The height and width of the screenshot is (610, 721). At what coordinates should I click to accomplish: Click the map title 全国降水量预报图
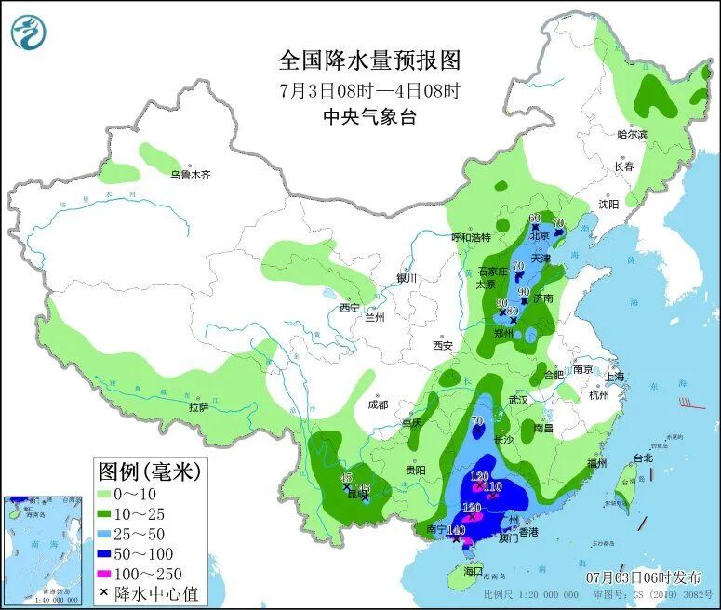click(x=369, y=60)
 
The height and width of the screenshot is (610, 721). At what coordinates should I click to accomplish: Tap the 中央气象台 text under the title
click(x=369, y=116)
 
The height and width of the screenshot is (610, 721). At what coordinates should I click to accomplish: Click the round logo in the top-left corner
click(x=28, y=32)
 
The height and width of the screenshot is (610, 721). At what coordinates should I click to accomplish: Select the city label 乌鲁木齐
click(x=190, y=174)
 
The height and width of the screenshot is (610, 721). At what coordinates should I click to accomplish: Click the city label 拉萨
click(x=198, y=406)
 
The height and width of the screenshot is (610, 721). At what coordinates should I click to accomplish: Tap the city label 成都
click(x=377, y=404)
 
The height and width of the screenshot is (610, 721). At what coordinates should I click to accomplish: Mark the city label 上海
click(x=615, y=377)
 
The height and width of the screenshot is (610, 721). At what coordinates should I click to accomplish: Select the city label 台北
click(x=643, y=457)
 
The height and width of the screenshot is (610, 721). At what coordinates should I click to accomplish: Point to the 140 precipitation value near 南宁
click(x=456, y=530)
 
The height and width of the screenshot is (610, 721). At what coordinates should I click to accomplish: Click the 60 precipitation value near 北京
click(x=534, y=219)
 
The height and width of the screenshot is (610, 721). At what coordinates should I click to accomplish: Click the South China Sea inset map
click(x=42, y=549)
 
